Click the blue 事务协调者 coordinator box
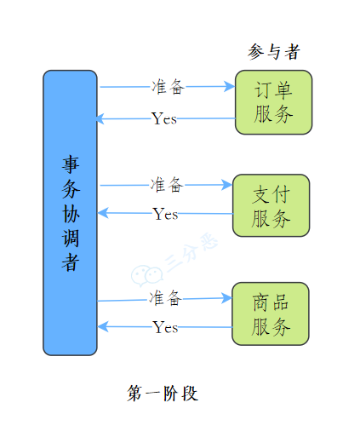click(70, 213)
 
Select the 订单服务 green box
click(273, 102)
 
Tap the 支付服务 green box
click(271, 205)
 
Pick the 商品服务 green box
click(271, 313)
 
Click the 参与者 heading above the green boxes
click(274, 52)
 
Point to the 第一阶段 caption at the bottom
click(163, 394)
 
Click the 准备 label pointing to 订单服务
click(168, 87)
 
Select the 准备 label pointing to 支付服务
click(167, 185)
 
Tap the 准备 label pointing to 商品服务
click(166, 298)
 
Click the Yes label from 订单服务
click(164, 118)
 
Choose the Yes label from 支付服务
click(165, 214)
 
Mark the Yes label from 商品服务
click(165, 327)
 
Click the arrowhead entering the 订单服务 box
click(230, 86)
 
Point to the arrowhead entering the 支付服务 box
click(227, 185)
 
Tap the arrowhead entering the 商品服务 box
click(226, 298)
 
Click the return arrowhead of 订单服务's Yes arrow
click(101, 118)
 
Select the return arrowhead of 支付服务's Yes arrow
click(103, 213)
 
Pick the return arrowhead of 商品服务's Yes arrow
click(103, 326)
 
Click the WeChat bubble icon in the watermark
click(146, 275)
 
